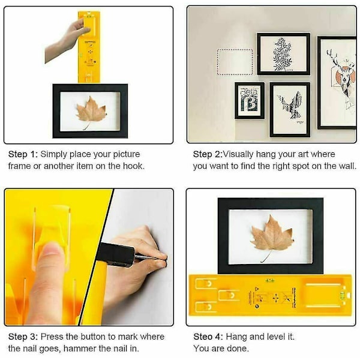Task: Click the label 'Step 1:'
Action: [23, 154]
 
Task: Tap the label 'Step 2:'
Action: [208, 154]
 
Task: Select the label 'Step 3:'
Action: [23, 337]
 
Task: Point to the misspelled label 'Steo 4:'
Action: [208, 337]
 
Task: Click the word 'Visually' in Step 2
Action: [238, 155]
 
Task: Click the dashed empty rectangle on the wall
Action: [235, 62]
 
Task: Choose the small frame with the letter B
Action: [250, 101]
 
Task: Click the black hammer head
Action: [115, 254]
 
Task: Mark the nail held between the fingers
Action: [149, 257]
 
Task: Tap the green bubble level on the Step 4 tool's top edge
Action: [270, 280]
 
